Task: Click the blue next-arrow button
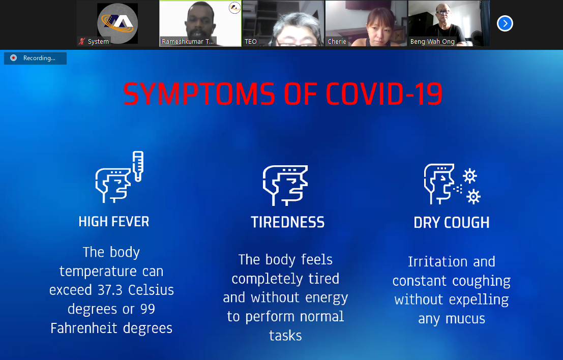click(x=505, y=24)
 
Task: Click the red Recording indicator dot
click(x=13, y=58)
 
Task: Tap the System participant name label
click(x=98, y=42)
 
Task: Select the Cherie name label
click(x=337, y=42)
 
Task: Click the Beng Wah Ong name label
click(x=432, y=42)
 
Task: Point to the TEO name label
click(x=251, y=42)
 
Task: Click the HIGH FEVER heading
click(x=114, y=222)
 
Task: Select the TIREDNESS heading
click(x=288, y=223)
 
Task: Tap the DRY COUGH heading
click(x=451, y=223)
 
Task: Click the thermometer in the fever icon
click(x=138, y=166)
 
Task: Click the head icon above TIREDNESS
click(x=285, y=185)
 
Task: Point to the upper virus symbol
click(x=469, y=176)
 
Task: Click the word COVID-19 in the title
click(x=384, y=95)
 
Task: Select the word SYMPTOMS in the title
click(x=199, y=95)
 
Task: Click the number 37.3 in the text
click(x=111, y=290)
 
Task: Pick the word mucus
click(x=465, y=319)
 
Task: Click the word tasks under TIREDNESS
click(x=285, y=336)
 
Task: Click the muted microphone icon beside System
click(x=82, y=41)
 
